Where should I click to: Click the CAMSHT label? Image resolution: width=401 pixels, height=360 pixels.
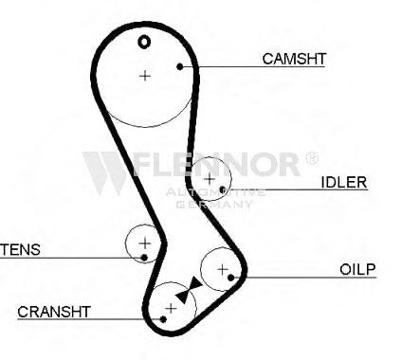[294, 59]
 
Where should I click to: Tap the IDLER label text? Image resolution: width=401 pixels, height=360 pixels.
[344, 182]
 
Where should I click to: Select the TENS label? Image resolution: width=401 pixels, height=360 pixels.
[20, 249]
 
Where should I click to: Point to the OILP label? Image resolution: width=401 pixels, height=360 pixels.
[357, 269]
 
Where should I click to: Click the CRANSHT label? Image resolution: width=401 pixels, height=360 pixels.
[54, 312]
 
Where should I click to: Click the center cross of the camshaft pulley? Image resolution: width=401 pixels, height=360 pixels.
[145, 76]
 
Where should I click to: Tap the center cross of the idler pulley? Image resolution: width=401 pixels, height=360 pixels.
[210, 179]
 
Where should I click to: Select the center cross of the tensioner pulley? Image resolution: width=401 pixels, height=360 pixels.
[145, 243]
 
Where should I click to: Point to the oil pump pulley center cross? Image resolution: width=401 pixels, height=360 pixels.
[223, 269]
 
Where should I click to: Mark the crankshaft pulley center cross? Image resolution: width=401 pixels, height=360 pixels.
[171, 308]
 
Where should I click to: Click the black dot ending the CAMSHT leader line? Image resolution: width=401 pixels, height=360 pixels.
[180, 66]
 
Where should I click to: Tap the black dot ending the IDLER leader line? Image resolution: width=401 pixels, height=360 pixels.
[223, 189]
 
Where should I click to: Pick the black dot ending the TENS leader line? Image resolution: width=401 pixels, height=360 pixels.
[144, 258]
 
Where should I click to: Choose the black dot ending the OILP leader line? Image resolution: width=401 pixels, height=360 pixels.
[231, 278]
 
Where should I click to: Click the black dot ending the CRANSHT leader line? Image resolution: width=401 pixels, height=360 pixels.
[163, 319]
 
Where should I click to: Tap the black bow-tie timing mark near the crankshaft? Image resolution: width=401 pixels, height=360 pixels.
[189, 291]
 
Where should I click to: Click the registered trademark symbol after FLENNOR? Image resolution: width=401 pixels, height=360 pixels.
[312, 157]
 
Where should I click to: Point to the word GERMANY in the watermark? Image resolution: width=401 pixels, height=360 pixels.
[214, 205]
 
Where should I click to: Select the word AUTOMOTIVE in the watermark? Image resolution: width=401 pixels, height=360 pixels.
[215, 192]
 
